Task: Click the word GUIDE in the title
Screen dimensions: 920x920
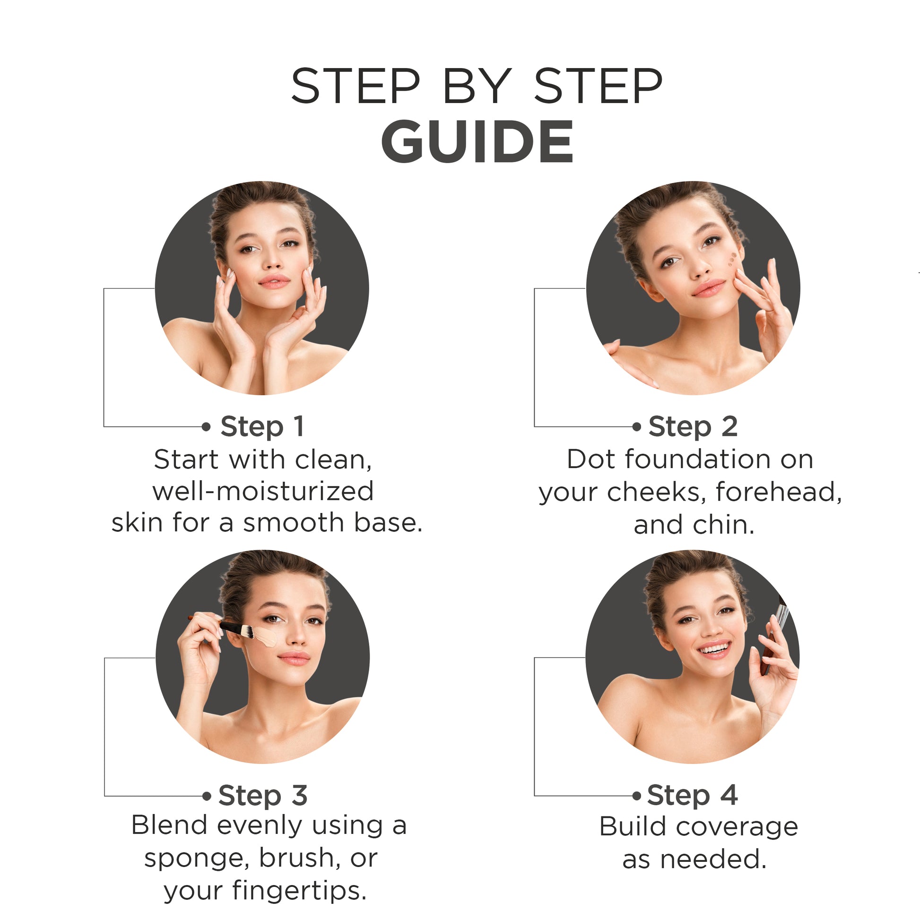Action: pos(477,141)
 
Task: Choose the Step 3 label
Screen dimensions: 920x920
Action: pos(263,796)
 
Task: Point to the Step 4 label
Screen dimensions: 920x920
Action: pos(693,796)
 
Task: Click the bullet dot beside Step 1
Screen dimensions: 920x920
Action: pos(206,426)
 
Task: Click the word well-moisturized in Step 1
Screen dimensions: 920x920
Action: pos(263,491)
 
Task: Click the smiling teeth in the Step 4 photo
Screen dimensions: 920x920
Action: pos(713,648)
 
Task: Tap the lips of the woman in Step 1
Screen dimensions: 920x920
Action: pos(274,281)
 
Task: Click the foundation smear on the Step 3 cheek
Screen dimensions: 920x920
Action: pos(265,637)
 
